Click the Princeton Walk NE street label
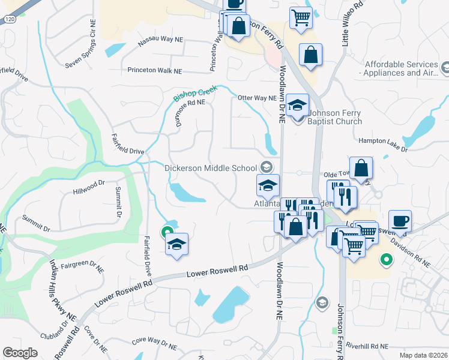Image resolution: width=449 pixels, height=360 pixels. pyautogui.click(x=154, y=70)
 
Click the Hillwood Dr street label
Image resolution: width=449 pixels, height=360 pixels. pyautogui.click(x=89, y=188)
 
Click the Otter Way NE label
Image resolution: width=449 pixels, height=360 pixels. pyautogui.click(x=257, y=98)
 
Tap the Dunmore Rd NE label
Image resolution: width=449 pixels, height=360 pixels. pyautogui.click(x=191, y=110)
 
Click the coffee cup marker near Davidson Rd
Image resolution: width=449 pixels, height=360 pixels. pyautogui.click(x=400, y=221)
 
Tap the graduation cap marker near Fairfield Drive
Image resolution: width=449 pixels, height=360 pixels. pyautogui.click(x=176, y=244)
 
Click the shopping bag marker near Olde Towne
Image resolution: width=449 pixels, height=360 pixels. pyautogui.click(x=362, y=169)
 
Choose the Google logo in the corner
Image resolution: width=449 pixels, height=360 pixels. pyautogui.click(x=20, y=353)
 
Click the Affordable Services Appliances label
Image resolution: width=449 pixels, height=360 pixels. pyautogui.click(x=401, y=68)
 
